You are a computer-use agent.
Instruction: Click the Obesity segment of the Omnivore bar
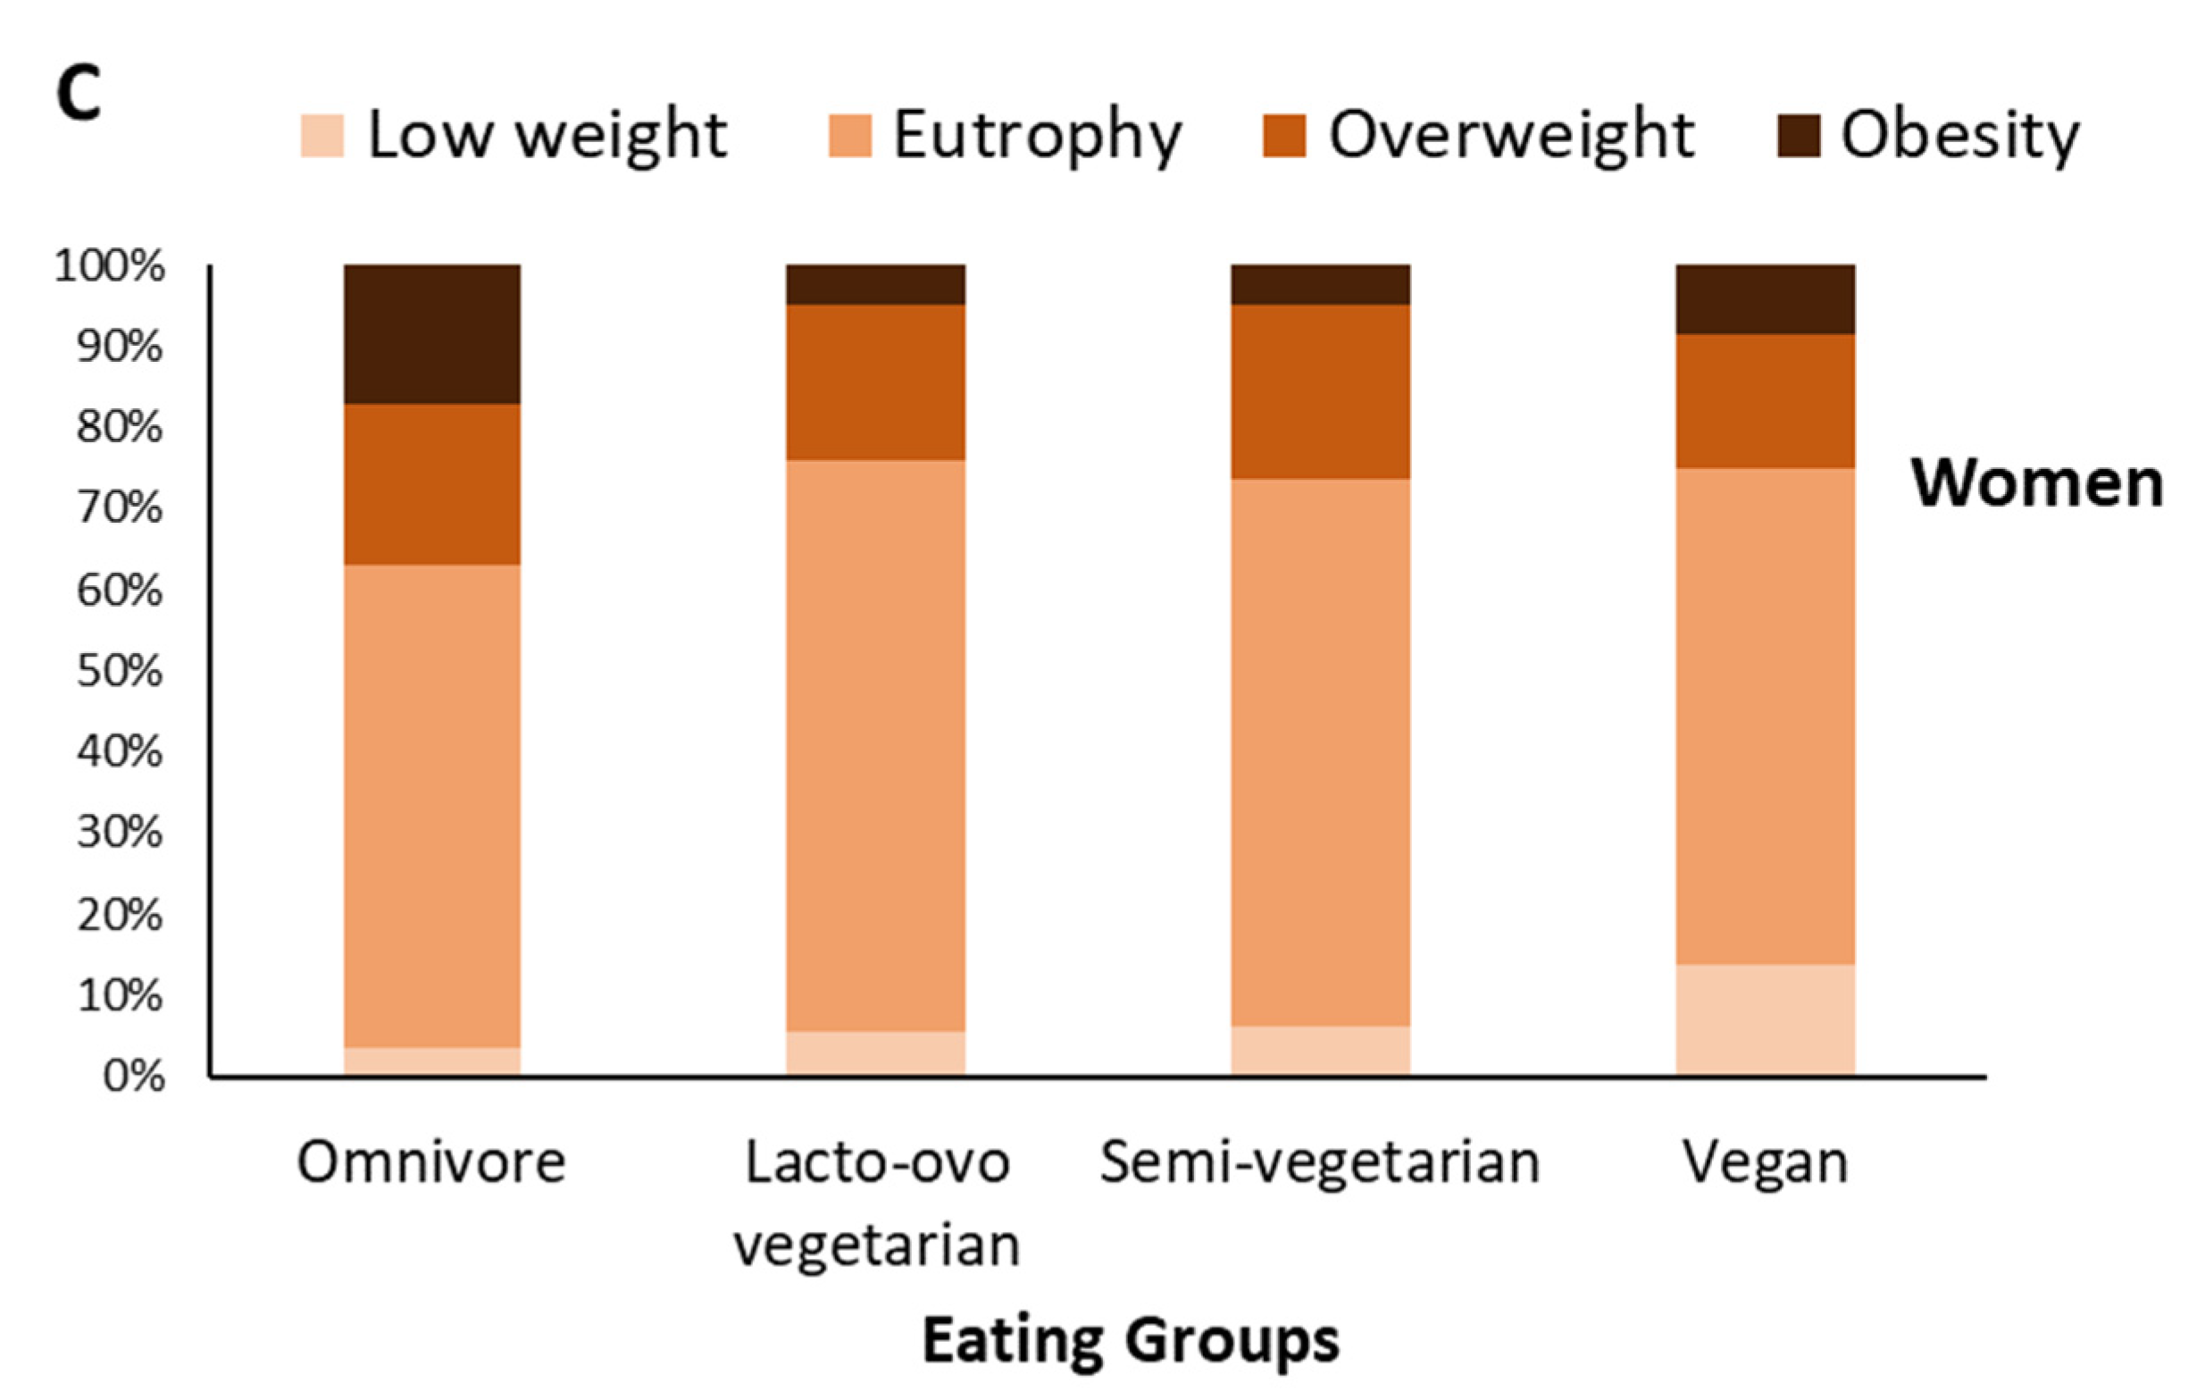(x=432, y=334)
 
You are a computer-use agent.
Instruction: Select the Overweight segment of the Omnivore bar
(x=432, y=483)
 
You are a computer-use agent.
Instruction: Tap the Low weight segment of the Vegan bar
(x=1765, y=1019)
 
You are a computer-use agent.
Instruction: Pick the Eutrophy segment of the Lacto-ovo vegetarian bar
(x=876, y=746)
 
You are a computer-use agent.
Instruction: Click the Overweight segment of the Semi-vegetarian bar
(x=1320, y=391)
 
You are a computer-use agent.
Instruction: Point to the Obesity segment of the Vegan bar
(x=1765, y=299)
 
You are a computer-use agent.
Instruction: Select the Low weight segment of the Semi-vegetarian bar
(x=1320, y=1051)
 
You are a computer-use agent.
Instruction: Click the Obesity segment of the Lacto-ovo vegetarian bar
(x=876, y=285)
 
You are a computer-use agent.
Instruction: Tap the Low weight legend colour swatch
(x=322, y=136)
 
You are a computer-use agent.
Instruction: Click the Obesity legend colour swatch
(x=1799, y=136)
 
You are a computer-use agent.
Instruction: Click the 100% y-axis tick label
(x=110, y=266)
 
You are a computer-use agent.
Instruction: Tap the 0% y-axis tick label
(x=134, y=1077)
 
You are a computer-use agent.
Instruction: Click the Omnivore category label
(x=431, y=1161)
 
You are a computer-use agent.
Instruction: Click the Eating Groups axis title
(x=1131, y=1340)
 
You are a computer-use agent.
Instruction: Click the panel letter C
(x=79, y=94)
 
